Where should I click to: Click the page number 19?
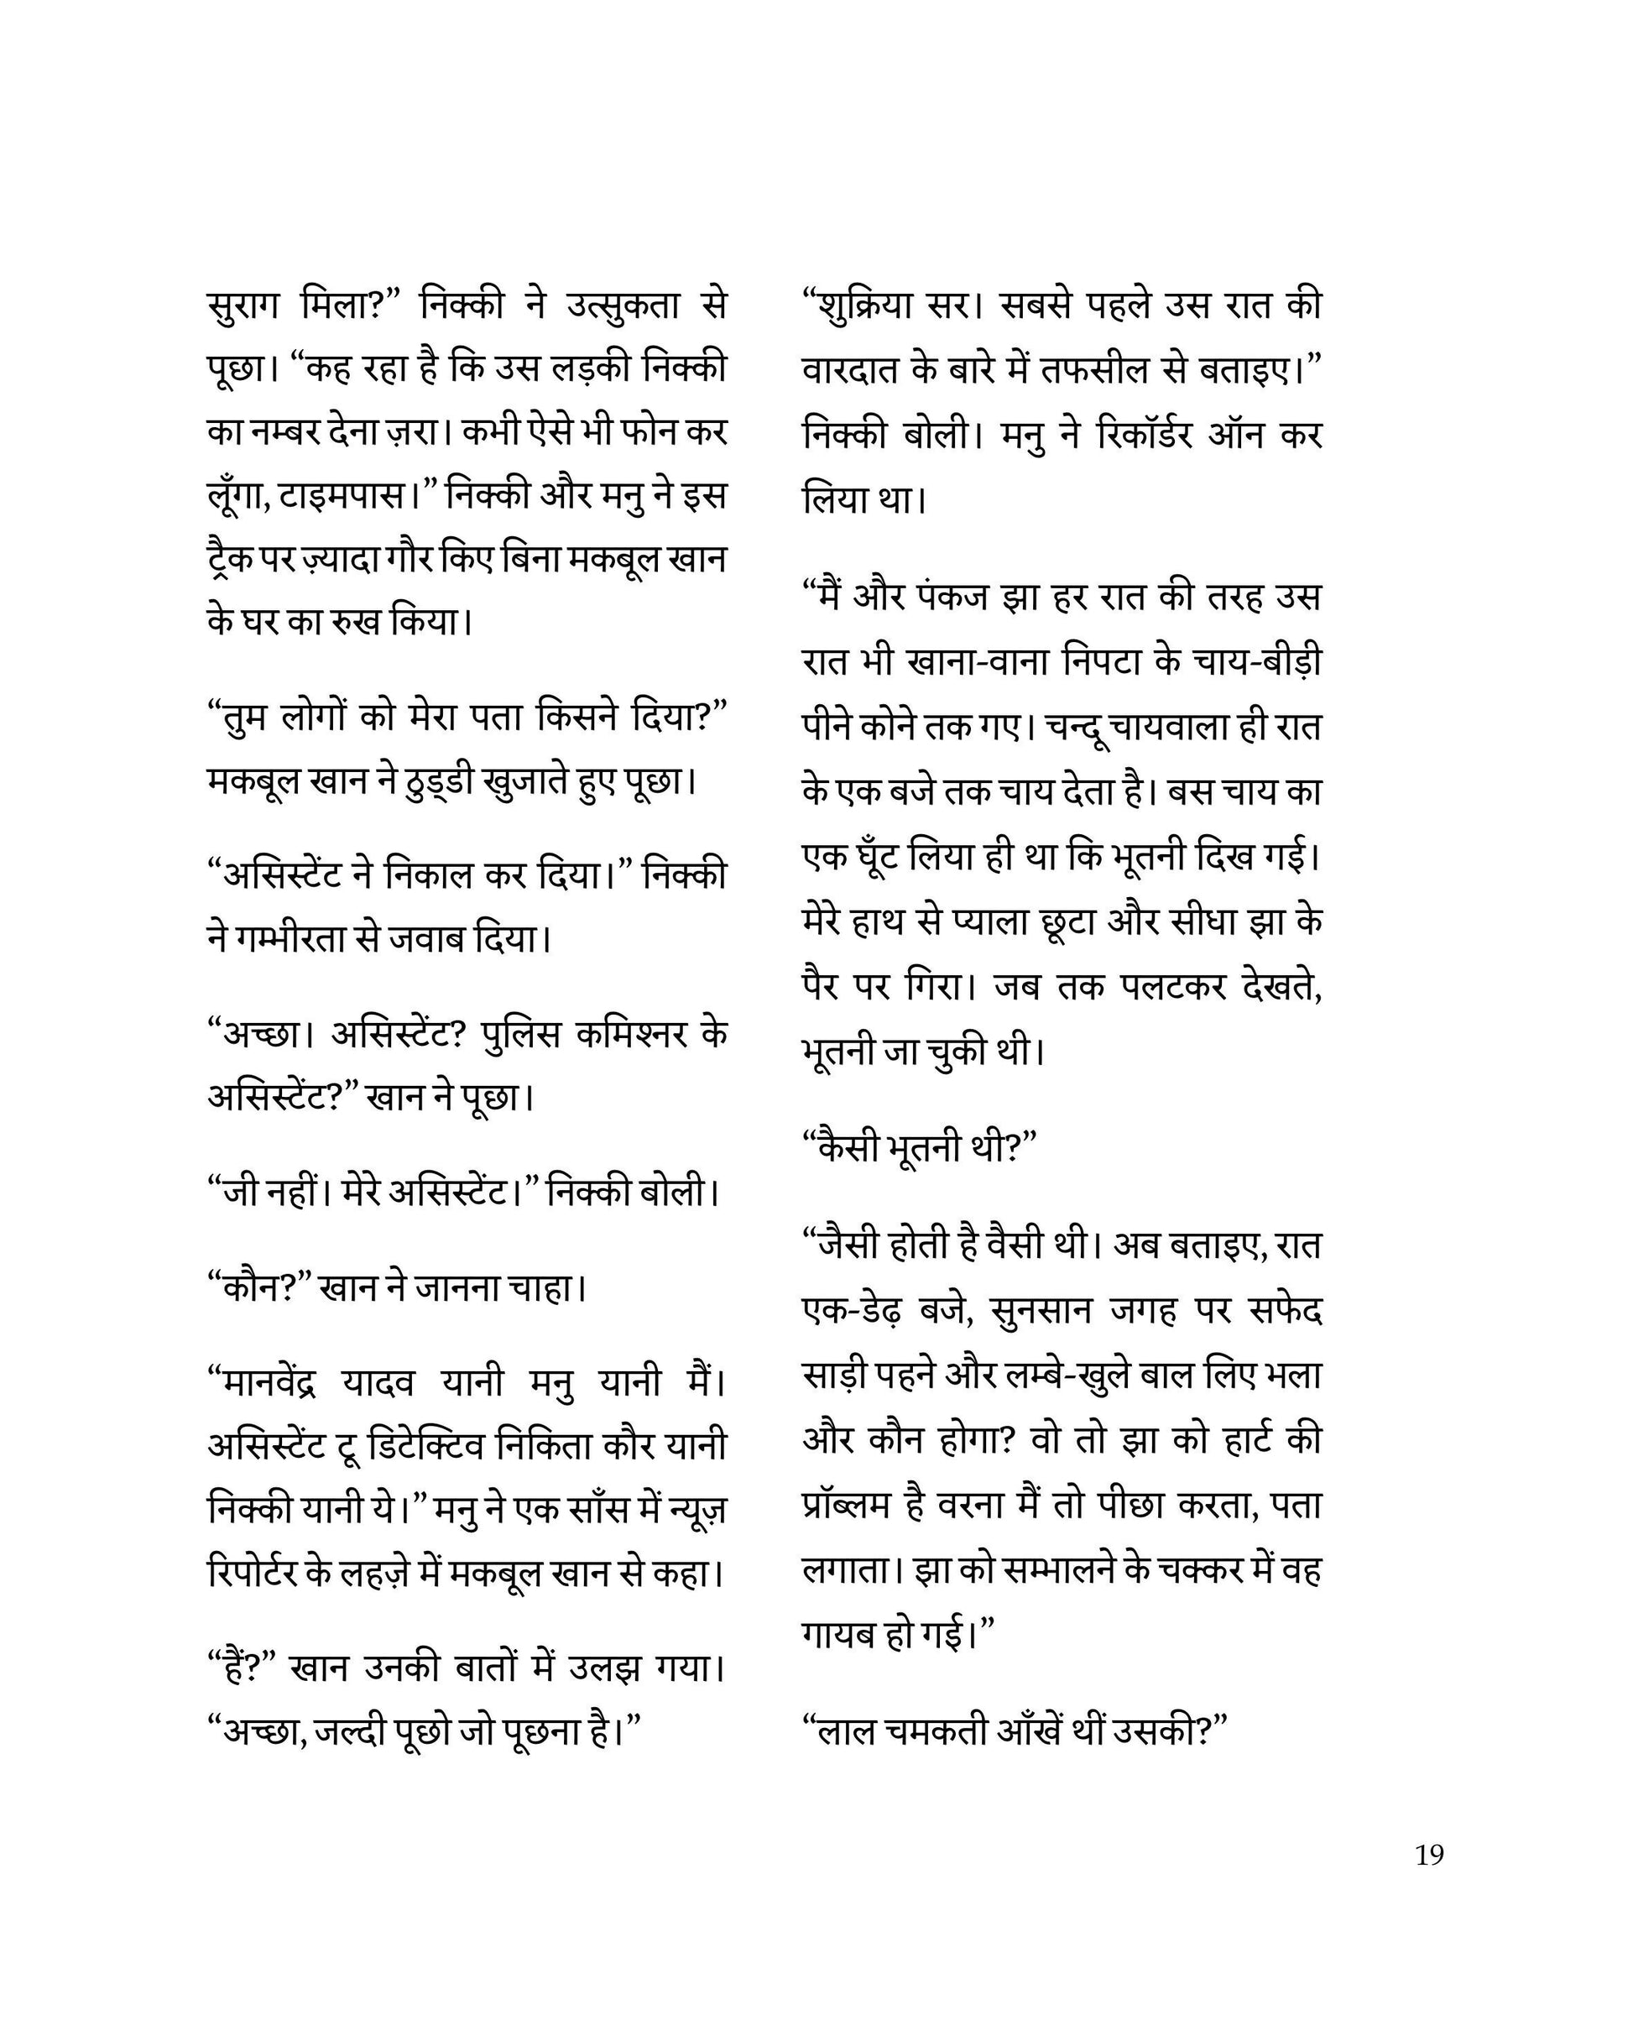point(1428,1855)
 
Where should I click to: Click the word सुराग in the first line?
point(239,305)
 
